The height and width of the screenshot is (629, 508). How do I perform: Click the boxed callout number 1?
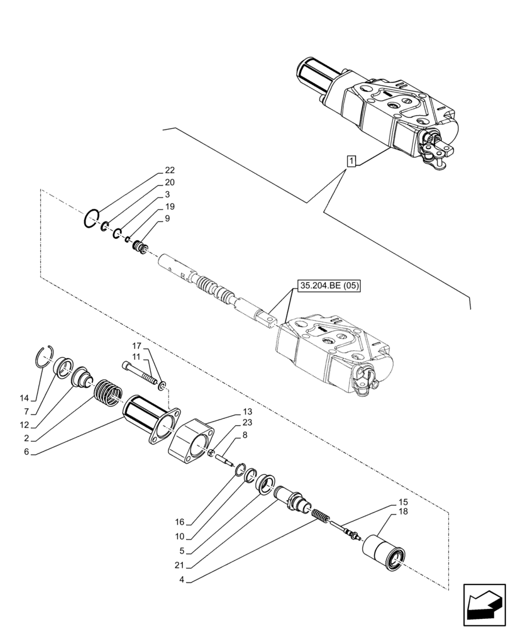(351, 162)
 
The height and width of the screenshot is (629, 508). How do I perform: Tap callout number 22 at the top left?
(170, 170)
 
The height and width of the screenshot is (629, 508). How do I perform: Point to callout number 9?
(168, 218)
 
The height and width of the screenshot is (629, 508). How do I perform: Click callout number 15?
(403, 502)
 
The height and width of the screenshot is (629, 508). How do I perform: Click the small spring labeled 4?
(321, 520)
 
